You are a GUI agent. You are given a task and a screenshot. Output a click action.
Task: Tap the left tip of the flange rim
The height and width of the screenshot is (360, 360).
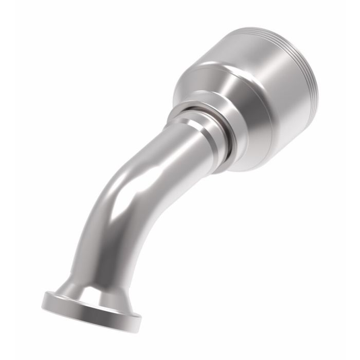click(x=44, y=297)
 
